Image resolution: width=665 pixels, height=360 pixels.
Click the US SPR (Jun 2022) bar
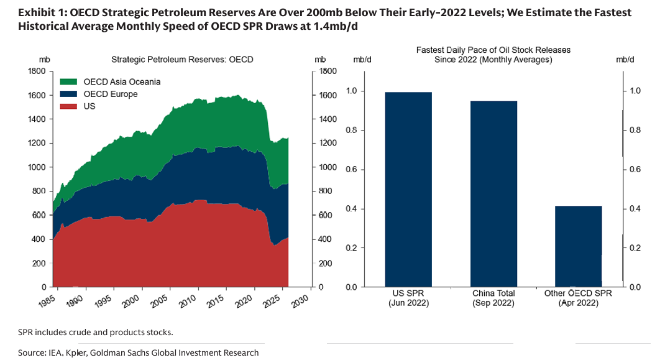(x=408, y=190)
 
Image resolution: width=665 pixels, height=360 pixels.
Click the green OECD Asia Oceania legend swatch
(x=68, y=82)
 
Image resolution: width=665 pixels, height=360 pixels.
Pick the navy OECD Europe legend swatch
(x=68, y=95)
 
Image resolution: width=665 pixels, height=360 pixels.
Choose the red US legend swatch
(x=68, y=106)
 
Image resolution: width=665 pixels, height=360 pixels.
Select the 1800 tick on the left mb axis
(x=38, y=72)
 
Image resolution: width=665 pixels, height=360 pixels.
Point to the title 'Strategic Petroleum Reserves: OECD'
(x=182, y=60)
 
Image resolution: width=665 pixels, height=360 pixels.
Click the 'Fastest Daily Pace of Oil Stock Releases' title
(x=493, y=50)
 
